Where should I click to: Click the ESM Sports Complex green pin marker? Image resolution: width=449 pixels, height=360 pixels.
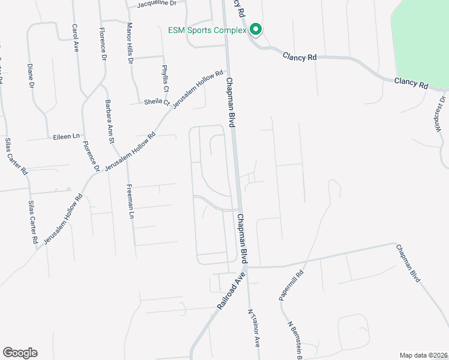[255, 29]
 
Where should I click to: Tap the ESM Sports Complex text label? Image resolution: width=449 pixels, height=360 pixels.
[208, 30]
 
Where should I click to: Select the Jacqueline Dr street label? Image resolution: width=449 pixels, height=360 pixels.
[157, 4]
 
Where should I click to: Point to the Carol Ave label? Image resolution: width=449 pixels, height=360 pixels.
[76, 38]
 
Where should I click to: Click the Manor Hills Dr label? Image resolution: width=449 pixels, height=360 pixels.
[129, 43]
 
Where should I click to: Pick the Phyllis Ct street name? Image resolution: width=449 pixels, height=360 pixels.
[166, 79]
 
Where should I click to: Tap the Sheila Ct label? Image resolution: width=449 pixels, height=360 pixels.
[157, 102]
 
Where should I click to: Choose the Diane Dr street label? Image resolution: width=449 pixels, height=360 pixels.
[30, 76]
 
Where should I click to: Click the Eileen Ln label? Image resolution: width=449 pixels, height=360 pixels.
[66, 136]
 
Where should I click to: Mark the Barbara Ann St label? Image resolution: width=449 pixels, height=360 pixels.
[110, 122]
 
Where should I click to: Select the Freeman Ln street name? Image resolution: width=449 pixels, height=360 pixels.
[130, 200]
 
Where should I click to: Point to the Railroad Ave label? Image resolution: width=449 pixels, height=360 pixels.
[232, 291]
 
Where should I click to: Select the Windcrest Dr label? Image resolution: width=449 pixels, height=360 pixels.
[439, 115]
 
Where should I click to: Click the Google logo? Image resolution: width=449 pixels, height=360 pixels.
[20, 353]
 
